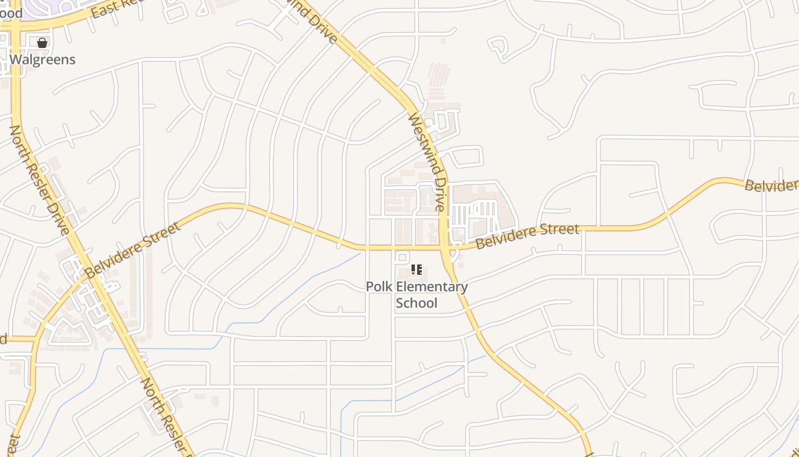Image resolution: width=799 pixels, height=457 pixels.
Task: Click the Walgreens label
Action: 42,59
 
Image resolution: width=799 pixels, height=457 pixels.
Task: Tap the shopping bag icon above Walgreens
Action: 42,42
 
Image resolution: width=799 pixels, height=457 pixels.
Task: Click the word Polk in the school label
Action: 379,287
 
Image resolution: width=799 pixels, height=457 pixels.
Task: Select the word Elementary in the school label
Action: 432,287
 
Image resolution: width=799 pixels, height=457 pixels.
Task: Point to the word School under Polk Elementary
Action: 417,303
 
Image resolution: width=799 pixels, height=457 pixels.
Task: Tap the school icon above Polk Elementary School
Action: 417,270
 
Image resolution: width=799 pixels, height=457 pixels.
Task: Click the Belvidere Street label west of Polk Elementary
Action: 134,250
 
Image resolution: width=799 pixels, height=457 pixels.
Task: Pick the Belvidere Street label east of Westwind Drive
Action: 527,236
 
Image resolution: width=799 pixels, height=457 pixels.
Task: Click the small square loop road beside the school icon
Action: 402,258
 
